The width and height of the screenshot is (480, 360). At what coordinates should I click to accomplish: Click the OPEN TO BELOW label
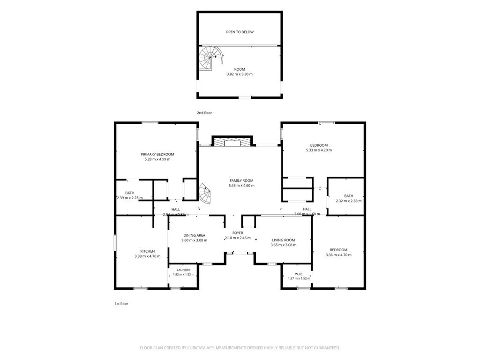(x=240, y=32)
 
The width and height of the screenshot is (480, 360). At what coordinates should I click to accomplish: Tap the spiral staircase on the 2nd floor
(x=210, y=58)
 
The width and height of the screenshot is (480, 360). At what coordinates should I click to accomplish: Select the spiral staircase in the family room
(x=204, y=194)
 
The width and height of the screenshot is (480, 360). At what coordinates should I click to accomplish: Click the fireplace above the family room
(x=232, y=142)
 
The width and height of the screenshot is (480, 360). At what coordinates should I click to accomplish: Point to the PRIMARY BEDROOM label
(x=157, y=154)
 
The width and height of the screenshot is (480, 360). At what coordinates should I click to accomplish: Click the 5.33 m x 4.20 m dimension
(x=319, y=150)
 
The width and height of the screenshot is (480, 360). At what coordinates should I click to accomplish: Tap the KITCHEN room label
(x=148, y=251)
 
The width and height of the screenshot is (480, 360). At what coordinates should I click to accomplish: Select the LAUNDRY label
(x=184, y=270)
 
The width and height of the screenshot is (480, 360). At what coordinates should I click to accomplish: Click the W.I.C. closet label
(x=299, y=274)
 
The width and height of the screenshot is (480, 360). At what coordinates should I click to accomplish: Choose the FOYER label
(x=238, y=233)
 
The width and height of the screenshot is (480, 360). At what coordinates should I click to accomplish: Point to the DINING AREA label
(x=195, y=235)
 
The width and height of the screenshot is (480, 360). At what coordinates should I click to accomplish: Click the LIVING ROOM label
(x=284, y=240)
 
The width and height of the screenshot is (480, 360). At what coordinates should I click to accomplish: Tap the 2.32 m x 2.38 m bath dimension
(x=349, y=201)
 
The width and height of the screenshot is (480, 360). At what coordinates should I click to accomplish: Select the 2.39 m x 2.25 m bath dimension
(x=130, y=198)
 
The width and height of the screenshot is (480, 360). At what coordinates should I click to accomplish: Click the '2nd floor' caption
(x=204, y=112)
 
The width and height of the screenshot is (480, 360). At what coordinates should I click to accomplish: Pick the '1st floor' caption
(x=121, y=304)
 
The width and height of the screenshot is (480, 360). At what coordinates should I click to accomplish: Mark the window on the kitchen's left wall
(x=115, y=243)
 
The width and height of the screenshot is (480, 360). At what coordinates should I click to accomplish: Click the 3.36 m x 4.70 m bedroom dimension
(x=338, y=255)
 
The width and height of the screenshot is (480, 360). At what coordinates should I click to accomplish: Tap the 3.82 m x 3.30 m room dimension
(x=240, y=74)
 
